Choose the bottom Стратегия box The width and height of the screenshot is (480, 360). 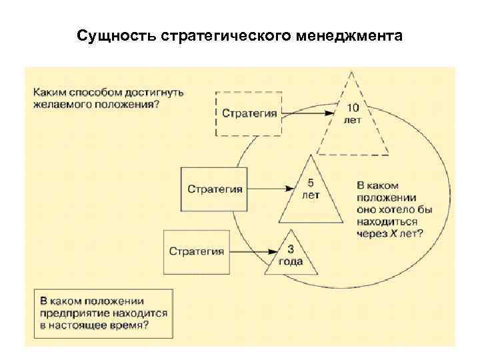tap(196, 251)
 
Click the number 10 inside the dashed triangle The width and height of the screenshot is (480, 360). tap(353, 108)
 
